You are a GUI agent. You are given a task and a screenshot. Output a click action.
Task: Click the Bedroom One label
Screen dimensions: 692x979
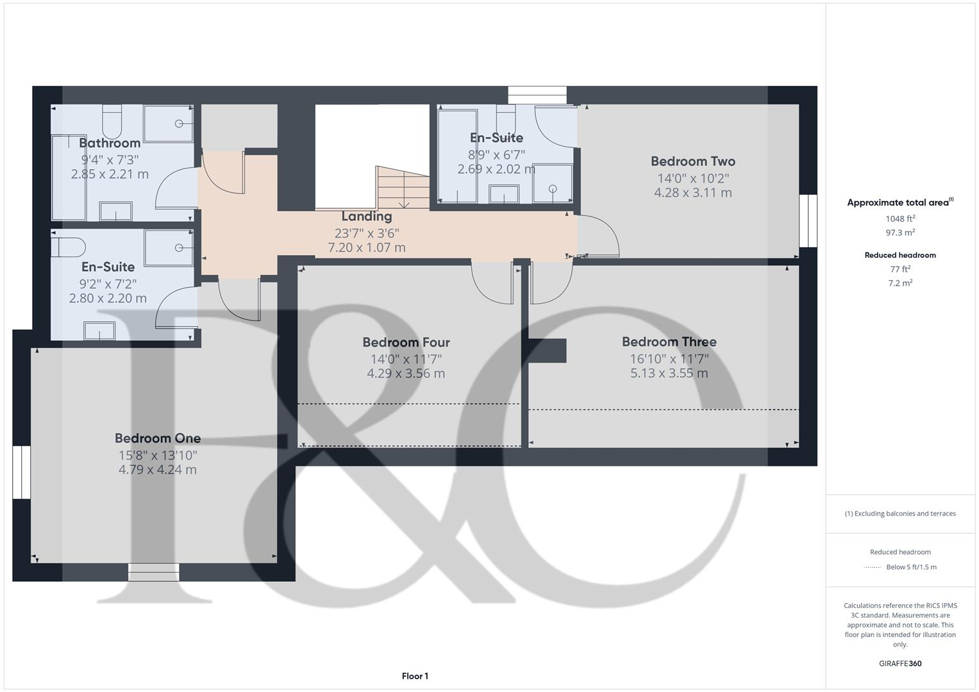(158, 438)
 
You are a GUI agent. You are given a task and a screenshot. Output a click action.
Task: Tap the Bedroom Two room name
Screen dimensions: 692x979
(692, 161)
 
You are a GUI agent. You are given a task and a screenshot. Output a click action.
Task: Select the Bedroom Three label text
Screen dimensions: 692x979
(669, 342)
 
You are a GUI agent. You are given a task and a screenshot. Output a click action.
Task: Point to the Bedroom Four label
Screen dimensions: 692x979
(406, 343)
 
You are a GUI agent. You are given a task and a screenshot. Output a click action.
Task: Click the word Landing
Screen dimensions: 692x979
(366, 217)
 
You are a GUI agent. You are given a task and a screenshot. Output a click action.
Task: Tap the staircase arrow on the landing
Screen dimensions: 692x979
(404, 204)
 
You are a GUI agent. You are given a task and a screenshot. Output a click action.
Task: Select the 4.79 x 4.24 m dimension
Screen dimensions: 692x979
(158, 470)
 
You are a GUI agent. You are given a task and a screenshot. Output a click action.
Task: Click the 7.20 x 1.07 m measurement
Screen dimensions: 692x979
(366, 247)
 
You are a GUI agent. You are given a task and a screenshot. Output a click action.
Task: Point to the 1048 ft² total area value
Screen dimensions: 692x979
(900, 218)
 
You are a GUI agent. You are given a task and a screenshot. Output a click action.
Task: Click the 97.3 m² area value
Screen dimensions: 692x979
(900, 233)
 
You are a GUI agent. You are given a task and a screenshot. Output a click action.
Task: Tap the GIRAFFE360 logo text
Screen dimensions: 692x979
(900, 663)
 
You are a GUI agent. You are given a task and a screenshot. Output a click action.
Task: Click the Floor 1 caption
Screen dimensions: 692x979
(415, 676)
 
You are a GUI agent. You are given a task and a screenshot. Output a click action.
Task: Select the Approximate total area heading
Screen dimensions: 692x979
(900, 202)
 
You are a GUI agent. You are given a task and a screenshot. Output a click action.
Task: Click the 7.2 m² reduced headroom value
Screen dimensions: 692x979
(900, 283)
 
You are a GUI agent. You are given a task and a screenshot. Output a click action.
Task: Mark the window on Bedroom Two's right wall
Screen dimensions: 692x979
(808, 220)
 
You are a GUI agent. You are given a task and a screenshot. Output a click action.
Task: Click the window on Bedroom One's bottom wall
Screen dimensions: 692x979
(153, 572)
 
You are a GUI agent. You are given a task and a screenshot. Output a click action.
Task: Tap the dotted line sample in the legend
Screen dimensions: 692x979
(873, 567)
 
